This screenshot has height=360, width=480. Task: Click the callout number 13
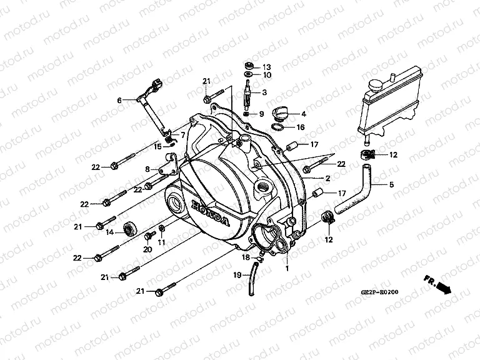267,67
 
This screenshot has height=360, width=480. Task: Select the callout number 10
267,75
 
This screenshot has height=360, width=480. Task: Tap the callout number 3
265,93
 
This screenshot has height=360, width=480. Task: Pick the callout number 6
119,100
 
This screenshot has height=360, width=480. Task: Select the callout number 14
147,169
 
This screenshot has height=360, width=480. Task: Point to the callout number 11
161,242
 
